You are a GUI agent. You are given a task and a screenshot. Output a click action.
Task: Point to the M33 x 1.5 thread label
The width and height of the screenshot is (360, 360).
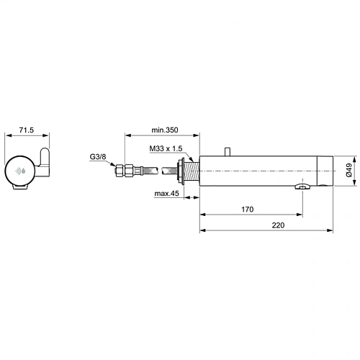166,148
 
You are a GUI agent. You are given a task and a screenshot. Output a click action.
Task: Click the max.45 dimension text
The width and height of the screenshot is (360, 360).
166,193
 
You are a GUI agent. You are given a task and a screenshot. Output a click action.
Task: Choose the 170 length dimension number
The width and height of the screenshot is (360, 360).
248,209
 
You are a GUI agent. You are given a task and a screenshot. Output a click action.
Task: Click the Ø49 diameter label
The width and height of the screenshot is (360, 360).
349,171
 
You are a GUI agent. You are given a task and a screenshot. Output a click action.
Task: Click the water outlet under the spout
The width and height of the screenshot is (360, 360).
303,188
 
